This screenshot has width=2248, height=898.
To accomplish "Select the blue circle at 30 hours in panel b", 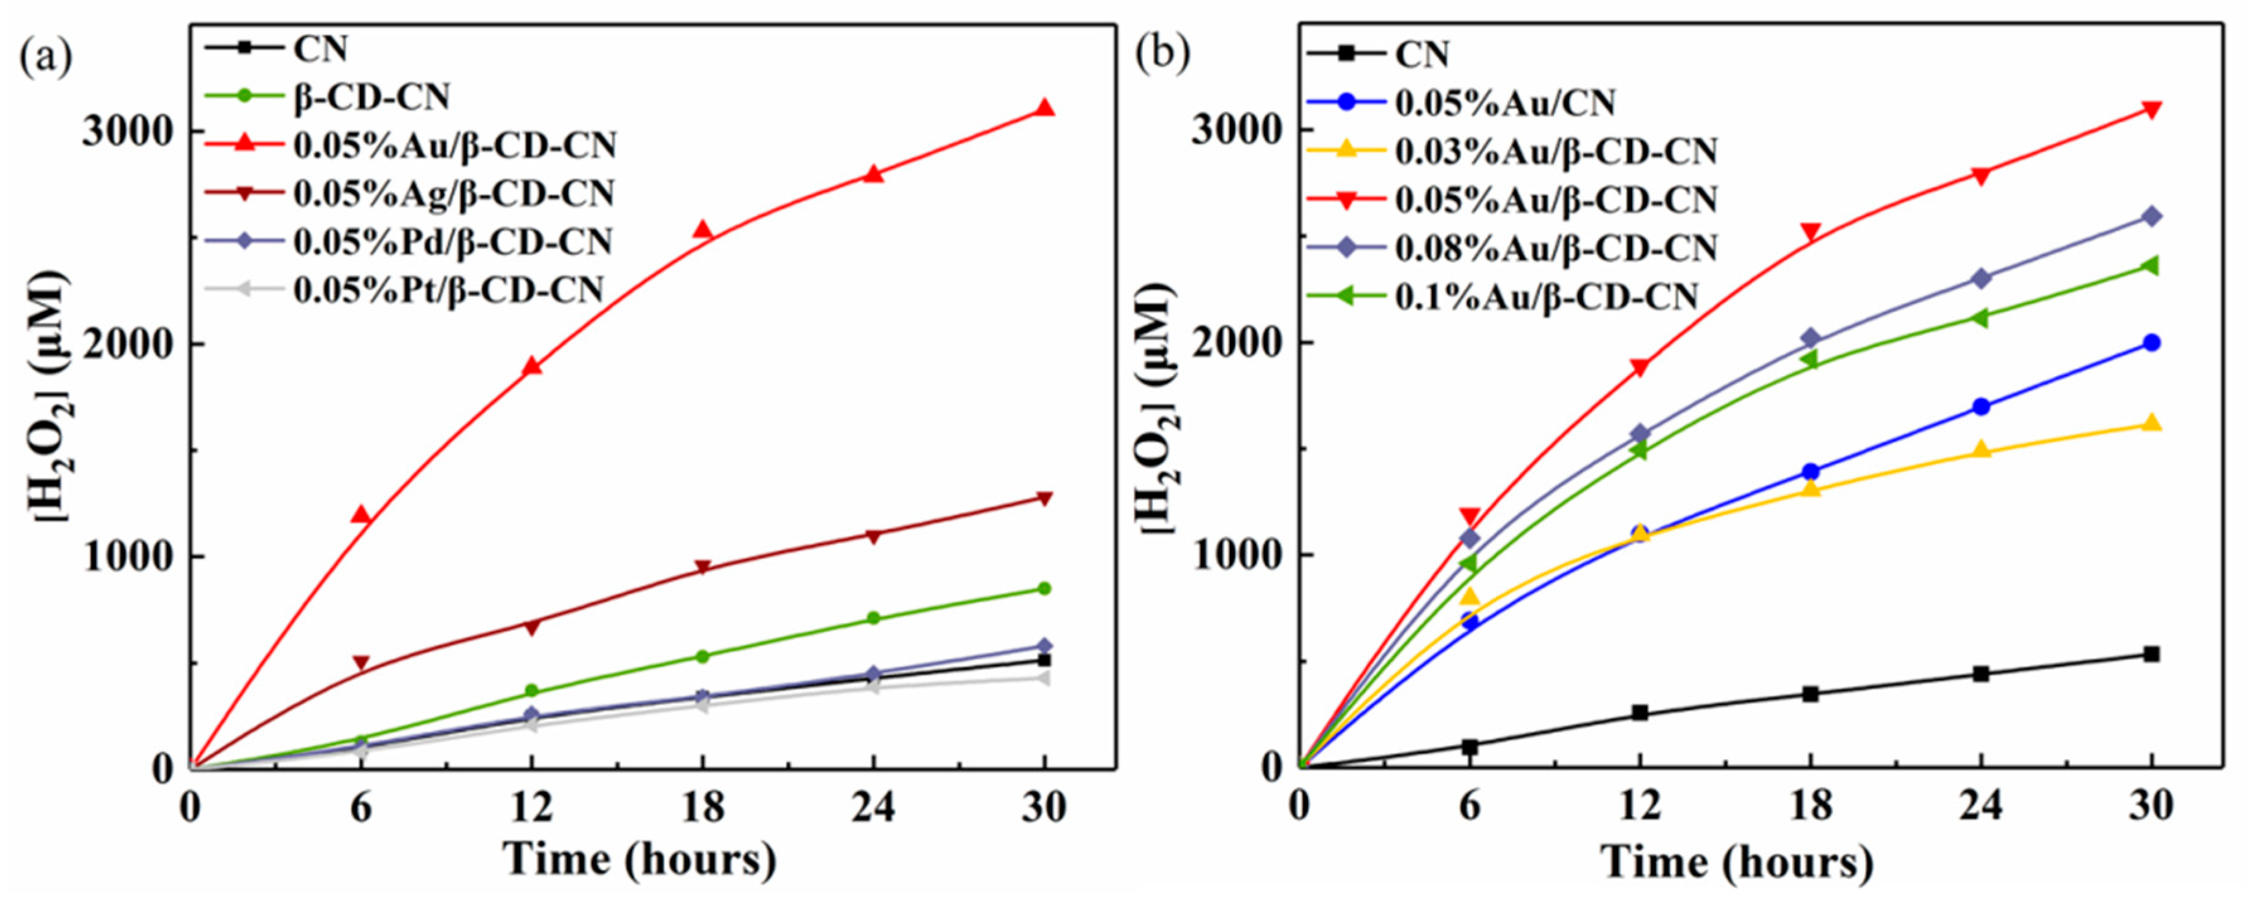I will pyautogui.click(x=2152, y=343).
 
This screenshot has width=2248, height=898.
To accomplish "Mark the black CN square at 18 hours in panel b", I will pyautogui.click(x=1811, y=694).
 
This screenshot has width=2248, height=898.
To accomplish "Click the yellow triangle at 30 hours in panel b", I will pyautogui.click(x=2152, y=424).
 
